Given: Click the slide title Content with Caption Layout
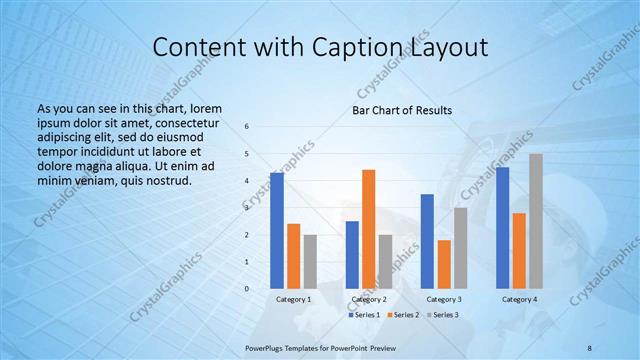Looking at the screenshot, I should pos(319,47).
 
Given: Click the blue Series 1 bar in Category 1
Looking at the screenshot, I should pos(277,231).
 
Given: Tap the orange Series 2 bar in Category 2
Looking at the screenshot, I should pos(368,229).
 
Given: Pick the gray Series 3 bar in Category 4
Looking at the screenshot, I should pos(536,221).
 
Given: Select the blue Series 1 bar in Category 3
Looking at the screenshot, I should pos(427,241).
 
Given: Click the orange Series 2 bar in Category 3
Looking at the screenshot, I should pos(444,264).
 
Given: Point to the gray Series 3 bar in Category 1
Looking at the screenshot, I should pos(310,261).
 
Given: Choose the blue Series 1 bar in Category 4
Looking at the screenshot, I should pos(502,228).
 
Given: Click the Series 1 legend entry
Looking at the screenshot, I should pos(364,315).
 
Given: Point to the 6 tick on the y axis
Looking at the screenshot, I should pos(247,127).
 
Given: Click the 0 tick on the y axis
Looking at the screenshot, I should pos(247,289).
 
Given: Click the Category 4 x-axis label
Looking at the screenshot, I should pos(519,299).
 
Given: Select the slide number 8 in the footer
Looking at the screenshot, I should pos(590,346).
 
